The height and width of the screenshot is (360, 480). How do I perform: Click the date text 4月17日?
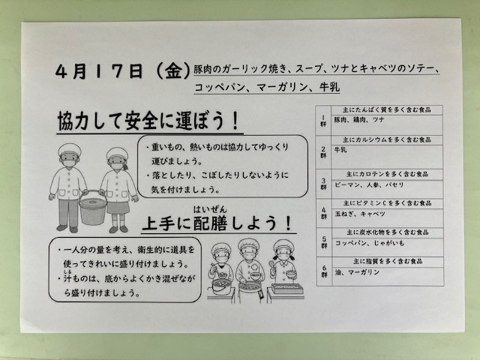(99, 71)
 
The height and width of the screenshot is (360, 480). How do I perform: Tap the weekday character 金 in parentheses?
(173, 71)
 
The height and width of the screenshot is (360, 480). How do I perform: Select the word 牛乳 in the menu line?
(329, 87)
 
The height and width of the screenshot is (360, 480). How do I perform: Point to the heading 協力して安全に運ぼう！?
(148, 121)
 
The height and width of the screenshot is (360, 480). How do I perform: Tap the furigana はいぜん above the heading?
(210, 210)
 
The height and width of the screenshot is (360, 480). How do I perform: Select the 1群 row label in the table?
(323, 121)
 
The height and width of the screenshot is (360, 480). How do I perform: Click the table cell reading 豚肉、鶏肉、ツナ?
(358, 120)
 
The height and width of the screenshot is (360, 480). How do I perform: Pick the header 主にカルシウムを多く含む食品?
(387, 139)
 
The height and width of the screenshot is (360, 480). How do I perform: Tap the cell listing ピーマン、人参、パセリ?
(369, 185)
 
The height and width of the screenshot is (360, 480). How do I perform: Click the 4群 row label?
(324, 213)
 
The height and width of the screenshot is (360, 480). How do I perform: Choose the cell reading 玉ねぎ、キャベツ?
(360, 214)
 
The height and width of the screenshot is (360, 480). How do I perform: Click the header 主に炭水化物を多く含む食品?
(388, 232)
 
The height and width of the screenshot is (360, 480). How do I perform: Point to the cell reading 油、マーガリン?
(357, 271)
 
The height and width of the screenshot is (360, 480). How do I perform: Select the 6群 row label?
(324, 271)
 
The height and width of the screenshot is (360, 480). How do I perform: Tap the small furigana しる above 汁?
(67, 271)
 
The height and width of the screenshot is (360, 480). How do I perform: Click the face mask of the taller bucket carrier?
(70, 163)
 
